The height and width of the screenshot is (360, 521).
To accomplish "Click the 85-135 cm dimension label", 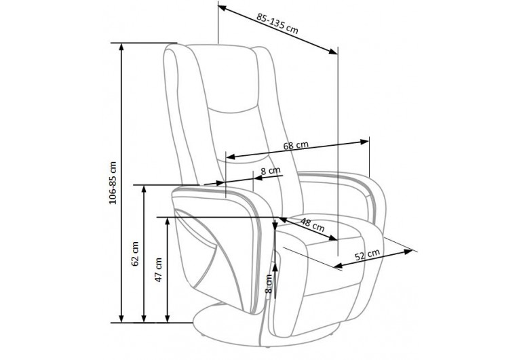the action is pos(277,24).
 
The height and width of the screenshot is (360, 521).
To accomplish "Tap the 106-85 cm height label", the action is pos(113,183).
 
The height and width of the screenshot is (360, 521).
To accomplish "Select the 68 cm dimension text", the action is pos(296,145).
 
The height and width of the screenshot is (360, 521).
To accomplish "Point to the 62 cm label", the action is pos(135,254).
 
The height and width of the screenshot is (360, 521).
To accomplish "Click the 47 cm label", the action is pos(159,270).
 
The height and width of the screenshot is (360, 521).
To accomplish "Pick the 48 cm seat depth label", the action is pos(312,224).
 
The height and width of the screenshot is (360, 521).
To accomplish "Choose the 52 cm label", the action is pos(367,255).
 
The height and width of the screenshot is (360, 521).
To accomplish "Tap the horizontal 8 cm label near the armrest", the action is pos(271,171).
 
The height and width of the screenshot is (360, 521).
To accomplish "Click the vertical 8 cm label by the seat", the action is pos(269,283).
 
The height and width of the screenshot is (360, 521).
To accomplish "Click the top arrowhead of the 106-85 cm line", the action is pos(121,46).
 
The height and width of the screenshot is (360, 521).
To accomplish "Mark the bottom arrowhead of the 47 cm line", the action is pos(168,319).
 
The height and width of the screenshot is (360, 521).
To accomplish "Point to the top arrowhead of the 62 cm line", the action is pos(144,188).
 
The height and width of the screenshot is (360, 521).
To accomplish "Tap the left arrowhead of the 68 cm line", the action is pos(230,157).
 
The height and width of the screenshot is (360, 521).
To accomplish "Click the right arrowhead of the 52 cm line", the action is pos(408,252).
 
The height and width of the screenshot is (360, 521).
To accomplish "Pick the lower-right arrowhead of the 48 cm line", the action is pos(333,238).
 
